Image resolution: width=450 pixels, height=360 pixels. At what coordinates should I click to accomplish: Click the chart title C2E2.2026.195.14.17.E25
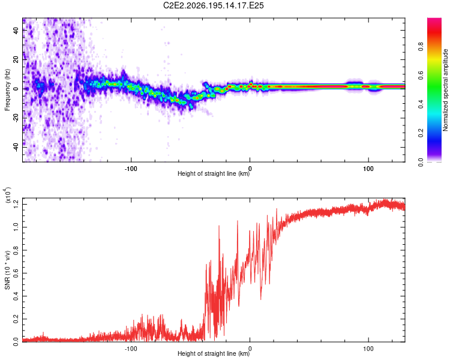213,5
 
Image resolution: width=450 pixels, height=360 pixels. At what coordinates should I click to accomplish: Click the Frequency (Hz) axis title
7,90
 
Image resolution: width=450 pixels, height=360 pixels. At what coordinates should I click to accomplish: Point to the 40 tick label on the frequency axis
16,30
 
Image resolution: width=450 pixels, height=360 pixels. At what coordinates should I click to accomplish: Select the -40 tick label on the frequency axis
16,148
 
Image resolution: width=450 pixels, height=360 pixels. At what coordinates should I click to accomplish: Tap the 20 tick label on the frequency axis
16,59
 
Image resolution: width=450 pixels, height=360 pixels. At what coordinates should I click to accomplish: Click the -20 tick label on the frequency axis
16,118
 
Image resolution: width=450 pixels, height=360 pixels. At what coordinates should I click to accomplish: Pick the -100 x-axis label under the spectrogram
131,169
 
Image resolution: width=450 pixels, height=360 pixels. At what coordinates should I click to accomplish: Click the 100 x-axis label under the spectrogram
368,169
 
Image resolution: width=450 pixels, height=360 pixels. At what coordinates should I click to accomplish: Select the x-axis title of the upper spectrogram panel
214,173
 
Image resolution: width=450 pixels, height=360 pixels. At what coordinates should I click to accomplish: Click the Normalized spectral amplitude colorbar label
445,90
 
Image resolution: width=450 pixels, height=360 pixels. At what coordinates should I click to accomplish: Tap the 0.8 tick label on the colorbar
421,47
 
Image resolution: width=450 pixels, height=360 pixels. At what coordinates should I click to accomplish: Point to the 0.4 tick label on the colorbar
421,104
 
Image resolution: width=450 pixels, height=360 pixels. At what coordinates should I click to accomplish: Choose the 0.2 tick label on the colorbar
421,133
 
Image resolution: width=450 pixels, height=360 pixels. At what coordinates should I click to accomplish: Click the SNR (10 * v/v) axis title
7,270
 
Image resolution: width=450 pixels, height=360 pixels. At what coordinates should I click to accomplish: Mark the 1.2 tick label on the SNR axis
16,205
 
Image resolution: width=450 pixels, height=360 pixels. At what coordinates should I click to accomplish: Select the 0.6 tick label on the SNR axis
16,273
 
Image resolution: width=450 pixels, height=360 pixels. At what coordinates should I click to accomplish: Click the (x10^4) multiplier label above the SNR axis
7,195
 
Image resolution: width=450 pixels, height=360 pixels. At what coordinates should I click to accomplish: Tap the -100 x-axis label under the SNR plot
131,349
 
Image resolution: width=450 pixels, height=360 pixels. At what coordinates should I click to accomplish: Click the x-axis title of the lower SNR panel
214,353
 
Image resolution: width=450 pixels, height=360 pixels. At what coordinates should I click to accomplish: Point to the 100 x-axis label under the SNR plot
368,349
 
